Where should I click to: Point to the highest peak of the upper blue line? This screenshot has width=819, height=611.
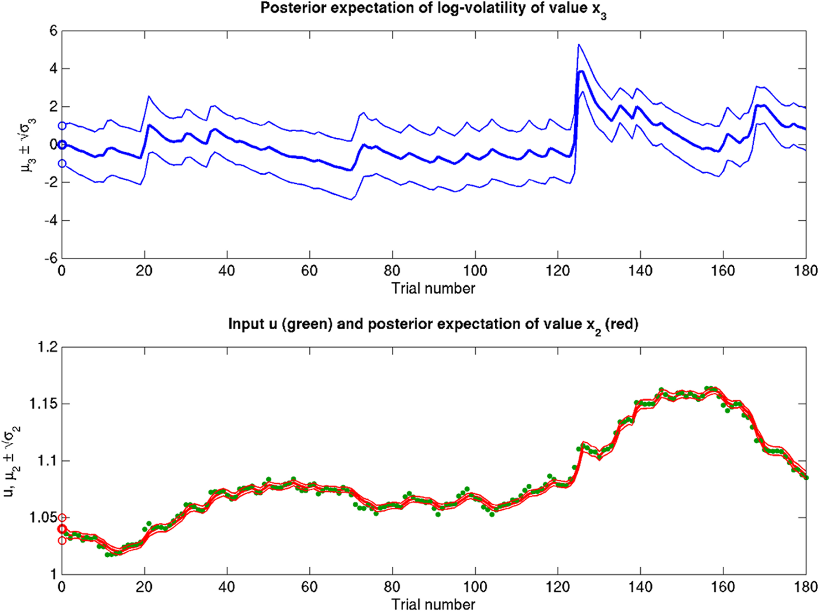pos(578,45)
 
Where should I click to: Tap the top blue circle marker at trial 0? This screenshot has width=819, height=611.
pos(62,126)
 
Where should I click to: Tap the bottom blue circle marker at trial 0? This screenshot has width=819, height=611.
pos(62,164)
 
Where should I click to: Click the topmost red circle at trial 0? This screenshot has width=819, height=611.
pos(62,518)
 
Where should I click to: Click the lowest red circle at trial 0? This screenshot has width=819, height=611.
pos(62,541)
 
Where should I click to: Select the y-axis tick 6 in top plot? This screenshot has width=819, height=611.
pos(53,31)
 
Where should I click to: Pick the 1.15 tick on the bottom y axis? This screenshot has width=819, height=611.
pos(42,404)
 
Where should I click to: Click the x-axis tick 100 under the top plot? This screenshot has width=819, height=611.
pos(475,271)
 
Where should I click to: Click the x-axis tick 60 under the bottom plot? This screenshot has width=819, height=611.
pos(309,587)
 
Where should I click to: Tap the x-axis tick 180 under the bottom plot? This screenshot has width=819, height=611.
pos(805,587)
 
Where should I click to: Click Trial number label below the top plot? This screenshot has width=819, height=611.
pos(433,289)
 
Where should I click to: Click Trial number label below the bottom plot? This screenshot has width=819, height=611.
pos(433,604)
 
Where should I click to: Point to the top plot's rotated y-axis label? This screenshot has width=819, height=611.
pos(28,145)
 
